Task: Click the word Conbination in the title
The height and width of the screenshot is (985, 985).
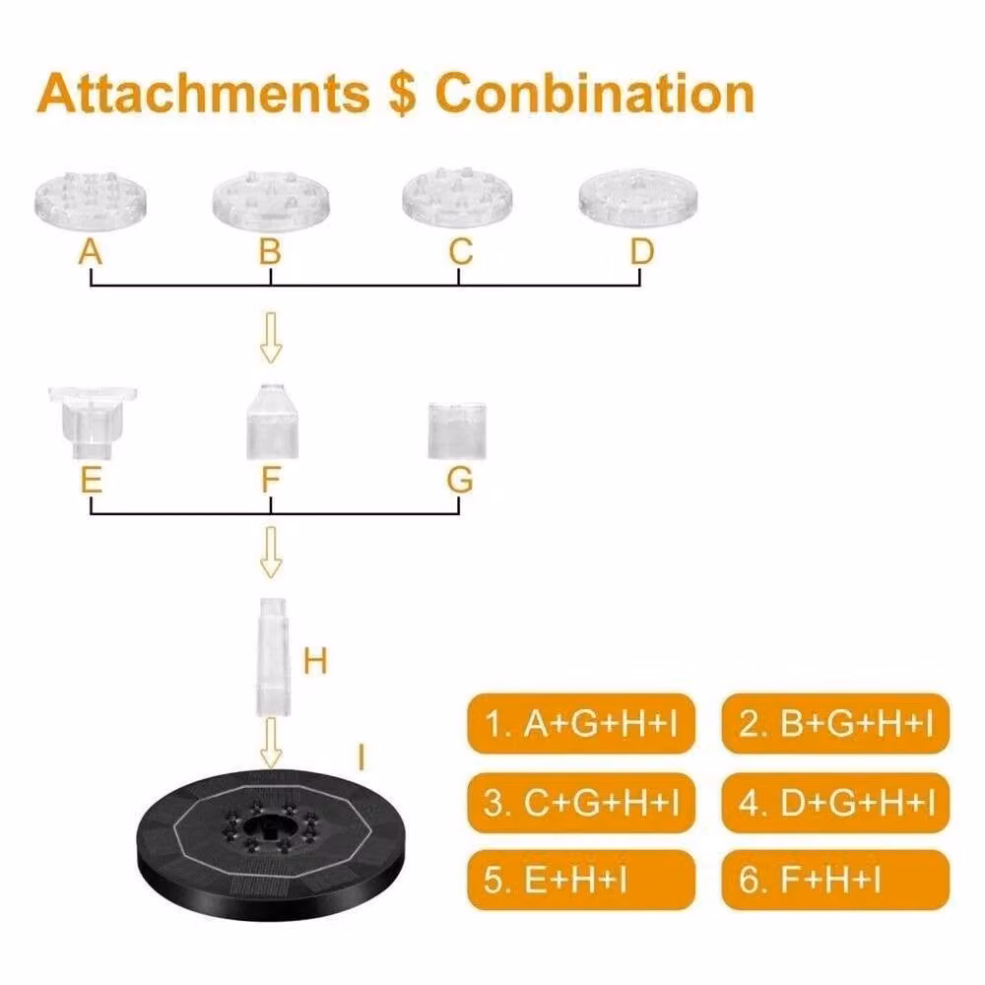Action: click(594, 93)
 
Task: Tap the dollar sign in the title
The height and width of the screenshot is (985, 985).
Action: click(402, 93)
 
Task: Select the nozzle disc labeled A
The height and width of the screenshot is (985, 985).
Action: click(91, 201)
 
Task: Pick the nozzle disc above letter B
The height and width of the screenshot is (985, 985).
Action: click(271, 201)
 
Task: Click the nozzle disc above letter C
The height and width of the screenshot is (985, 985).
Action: click(457, 197)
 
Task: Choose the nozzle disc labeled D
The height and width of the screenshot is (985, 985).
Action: click(638, 198)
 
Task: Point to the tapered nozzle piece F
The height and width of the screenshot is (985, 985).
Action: click(272, 421)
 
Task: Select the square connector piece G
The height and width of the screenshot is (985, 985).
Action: click(457, 431)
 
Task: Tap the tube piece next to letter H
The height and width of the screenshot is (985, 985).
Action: click(273, 657)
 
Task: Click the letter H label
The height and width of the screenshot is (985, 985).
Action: click(315, 662)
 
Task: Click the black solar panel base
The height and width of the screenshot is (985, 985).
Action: click(271, 844)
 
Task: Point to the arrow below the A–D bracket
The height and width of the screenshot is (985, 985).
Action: click(271, 337)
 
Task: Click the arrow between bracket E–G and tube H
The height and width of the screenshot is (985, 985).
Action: click(271, 553)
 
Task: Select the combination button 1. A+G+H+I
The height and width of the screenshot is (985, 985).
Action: click(581, 724)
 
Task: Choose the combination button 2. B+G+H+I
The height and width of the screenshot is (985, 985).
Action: click(835, 724)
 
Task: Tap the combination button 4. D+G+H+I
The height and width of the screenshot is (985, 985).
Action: click(835, 802)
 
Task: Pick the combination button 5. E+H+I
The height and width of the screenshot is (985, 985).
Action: click(581, 880)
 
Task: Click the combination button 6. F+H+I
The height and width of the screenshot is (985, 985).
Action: click(835, 880)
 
